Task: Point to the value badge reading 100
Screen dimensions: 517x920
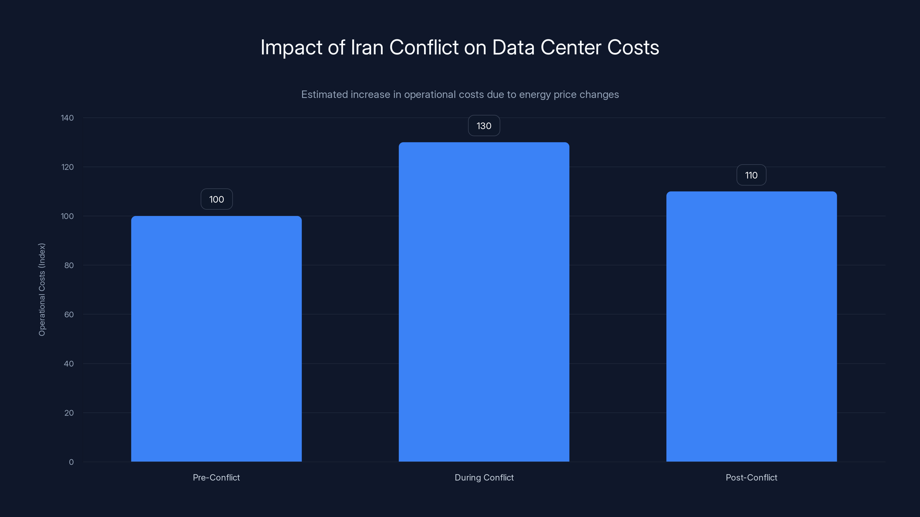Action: pos(216,199)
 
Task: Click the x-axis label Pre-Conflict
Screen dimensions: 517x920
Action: pos(216,477)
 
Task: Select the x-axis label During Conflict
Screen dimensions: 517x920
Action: pos(484,477)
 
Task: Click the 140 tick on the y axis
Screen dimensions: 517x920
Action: pos(67,118)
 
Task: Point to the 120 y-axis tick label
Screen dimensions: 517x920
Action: pos(67,167)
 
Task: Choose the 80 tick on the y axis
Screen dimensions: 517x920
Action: pos(69,265)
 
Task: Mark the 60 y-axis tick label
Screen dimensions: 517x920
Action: pos(69,314)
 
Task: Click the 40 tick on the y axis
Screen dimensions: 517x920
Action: pos(69,364)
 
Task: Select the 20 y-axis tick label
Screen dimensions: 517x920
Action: pos(69,413)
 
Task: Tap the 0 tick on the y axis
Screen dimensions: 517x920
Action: pos(71,462)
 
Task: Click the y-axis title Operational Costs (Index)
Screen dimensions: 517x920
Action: pos(42,289)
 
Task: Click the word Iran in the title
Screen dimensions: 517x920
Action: pos(367,47)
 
